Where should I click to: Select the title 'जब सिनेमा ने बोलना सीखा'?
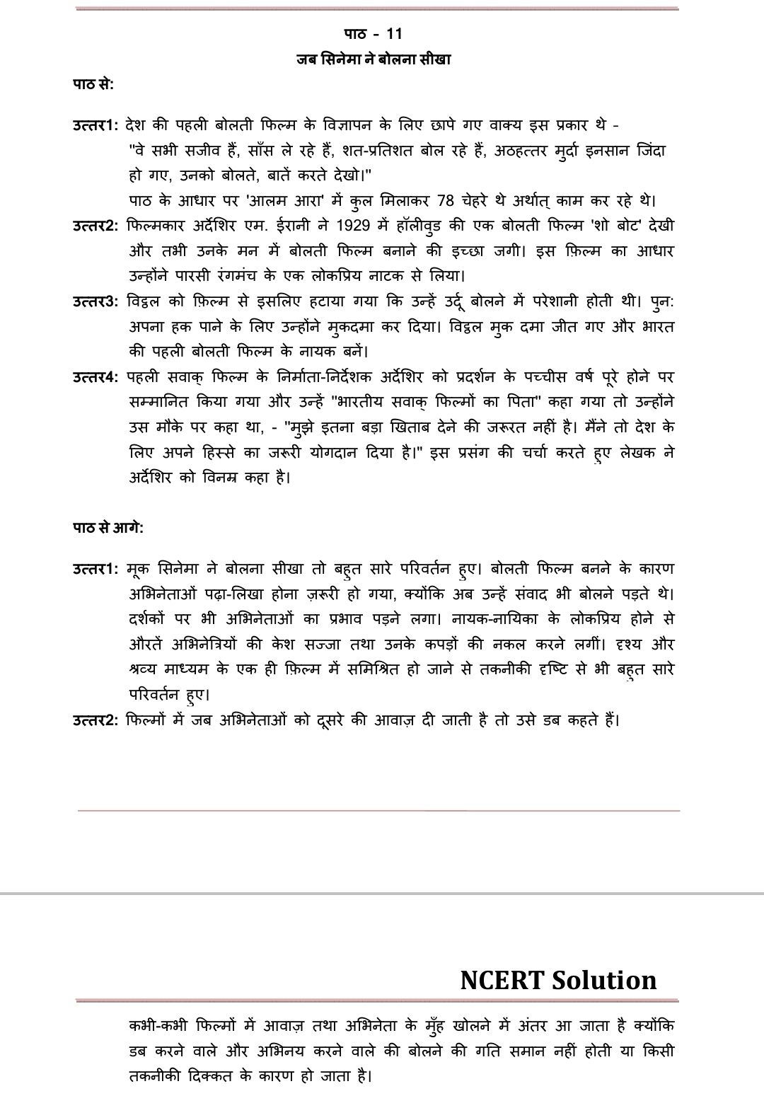pos(374,59)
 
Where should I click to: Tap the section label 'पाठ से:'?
pos(93,84)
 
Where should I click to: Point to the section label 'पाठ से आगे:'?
pos(108,528)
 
